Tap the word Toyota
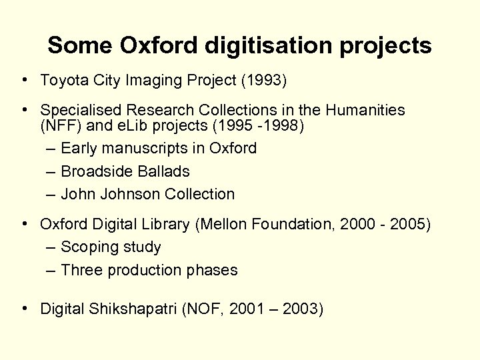(61, 81)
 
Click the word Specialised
(78, 109)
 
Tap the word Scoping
(87, 247)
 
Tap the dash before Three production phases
(51, 271)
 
